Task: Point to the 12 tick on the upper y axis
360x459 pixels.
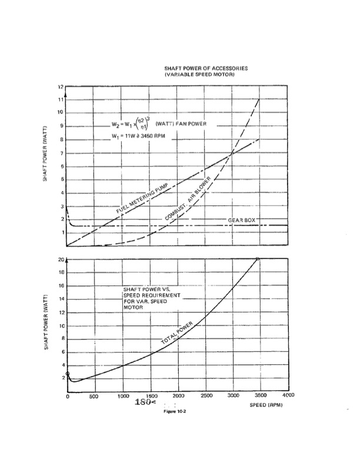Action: point(61,87)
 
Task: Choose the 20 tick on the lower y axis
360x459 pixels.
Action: point(60,260)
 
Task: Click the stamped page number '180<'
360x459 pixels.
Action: point(145,403)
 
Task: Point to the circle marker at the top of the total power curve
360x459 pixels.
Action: point(258,259)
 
